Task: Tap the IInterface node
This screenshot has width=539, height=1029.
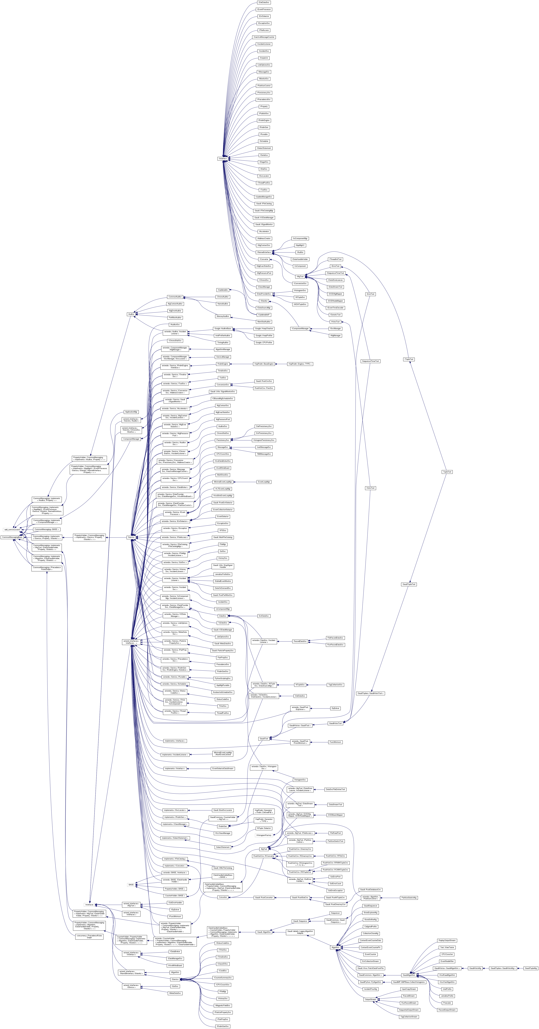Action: (x=222, y=159)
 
